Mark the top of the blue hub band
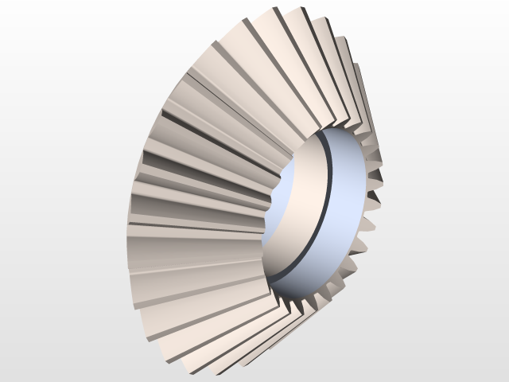[334, 132]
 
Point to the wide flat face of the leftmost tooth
[191, 239]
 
